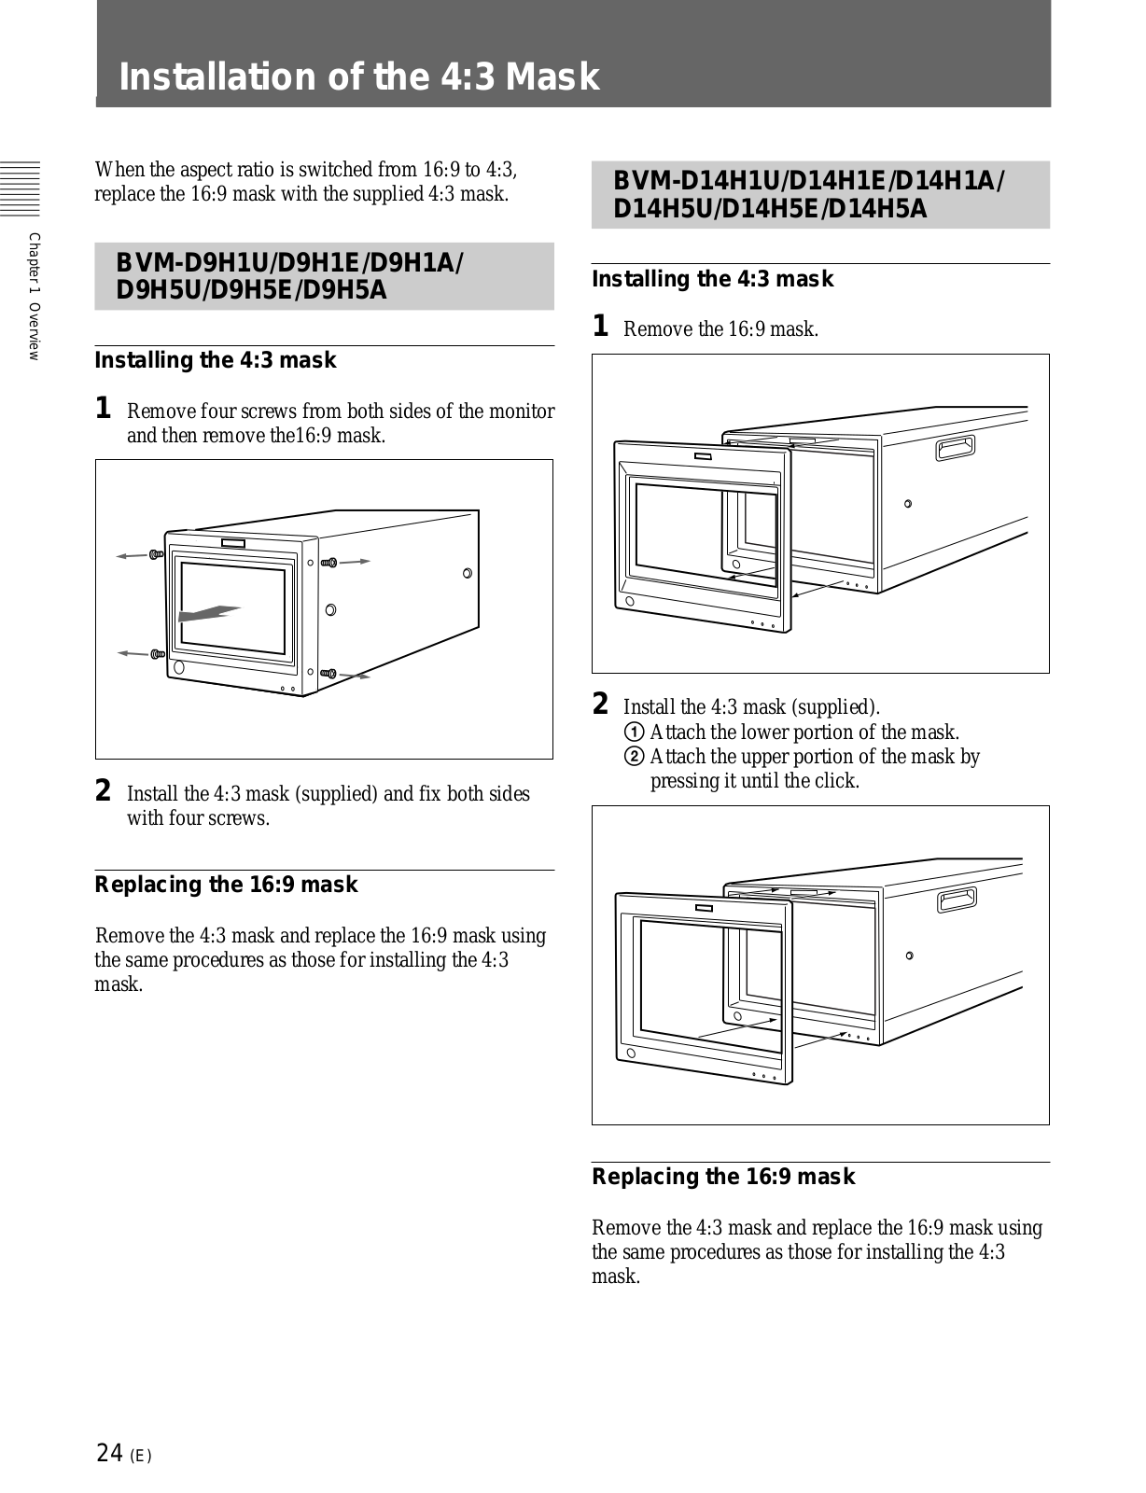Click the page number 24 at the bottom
109,1453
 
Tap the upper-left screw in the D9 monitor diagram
156,555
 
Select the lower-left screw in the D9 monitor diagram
156,653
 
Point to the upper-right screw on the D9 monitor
328,563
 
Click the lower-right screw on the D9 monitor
328,673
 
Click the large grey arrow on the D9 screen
210,613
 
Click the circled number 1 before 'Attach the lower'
636,733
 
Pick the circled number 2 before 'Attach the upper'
636,757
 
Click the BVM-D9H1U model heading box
324,276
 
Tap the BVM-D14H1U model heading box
820,195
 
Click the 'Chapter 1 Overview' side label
35,295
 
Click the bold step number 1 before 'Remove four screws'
105,409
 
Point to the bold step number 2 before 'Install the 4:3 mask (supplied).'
602,704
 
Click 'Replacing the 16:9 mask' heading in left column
226,885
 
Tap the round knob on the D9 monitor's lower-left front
178,669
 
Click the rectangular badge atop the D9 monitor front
233,544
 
